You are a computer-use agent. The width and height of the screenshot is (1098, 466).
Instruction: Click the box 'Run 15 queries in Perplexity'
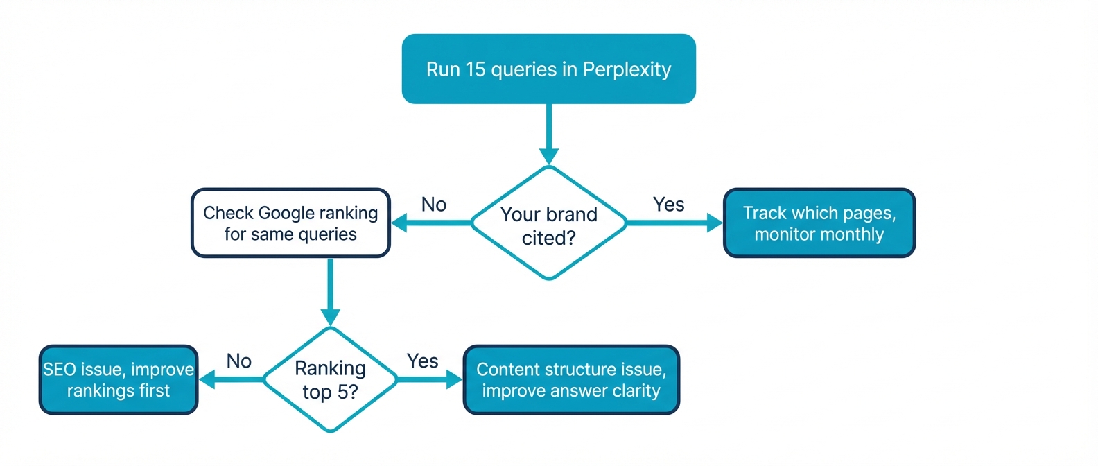(548, 69)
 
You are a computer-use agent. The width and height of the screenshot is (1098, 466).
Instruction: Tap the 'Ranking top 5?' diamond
(330, 379)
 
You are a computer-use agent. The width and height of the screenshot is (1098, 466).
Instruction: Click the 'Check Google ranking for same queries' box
(290, 223)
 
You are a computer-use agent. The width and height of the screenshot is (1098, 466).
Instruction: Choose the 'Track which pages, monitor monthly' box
(819, 223)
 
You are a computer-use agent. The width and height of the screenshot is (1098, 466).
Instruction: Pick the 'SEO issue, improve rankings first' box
(119, 380)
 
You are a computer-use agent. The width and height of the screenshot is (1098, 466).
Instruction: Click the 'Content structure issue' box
(570, 380)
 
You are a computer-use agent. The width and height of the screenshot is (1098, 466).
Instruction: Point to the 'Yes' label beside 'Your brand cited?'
(668, 205)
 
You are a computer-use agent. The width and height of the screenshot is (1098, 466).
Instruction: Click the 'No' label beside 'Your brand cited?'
(434, 205)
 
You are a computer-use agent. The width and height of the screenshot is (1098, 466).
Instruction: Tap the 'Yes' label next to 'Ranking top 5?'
(422, 361)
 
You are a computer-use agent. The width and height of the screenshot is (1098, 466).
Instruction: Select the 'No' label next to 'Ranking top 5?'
(238, 361)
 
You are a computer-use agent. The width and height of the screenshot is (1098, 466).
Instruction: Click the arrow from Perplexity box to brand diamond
(548, 135)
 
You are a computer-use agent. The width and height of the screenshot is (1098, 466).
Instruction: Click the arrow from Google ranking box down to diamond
(330, 291)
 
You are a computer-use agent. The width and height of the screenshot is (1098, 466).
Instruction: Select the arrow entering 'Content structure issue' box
(430, 379)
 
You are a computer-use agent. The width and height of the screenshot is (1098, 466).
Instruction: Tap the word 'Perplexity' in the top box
(627, 70)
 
